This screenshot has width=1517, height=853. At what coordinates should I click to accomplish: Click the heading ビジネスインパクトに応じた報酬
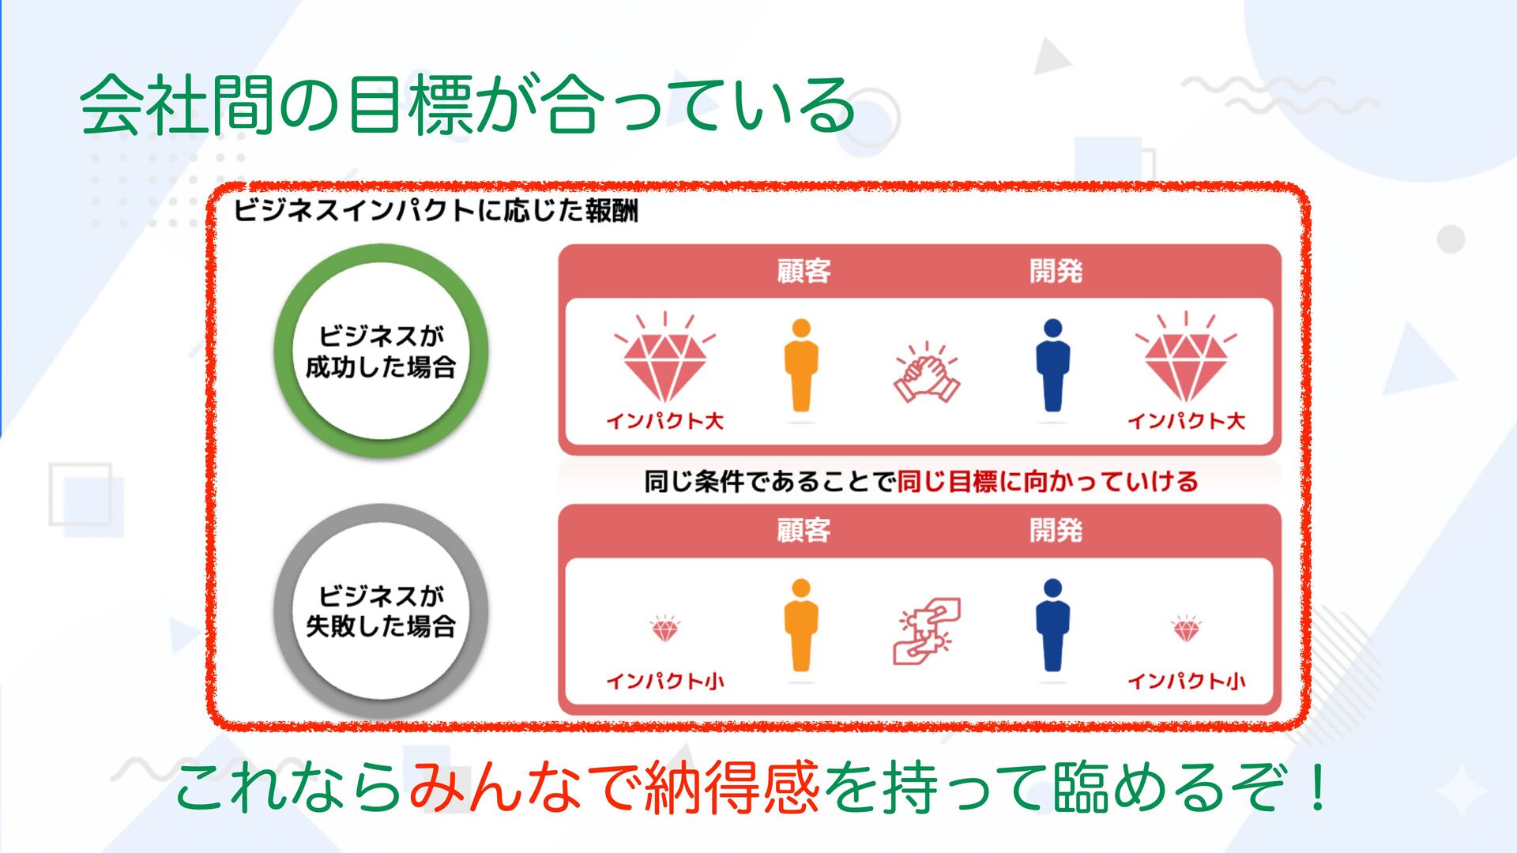[435, 211]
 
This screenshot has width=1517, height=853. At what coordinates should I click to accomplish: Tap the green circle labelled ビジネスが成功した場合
[381, 351]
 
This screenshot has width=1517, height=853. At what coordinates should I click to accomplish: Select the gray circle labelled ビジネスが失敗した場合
[381, 611]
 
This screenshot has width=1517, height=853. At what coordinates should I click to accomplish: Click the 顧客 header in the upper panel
[804, 271]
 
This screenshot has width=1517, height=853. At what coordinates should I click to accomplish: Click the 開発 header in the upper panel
[1056, 271]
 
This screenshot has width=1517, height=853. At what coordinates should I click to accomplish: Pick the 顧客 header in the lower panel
[804, 530]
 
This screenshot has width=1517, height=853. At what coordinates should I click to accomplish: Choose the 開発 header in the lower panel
[1056, 530]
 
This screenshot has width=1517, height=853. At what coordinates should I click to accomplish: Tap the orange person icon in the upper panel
[801, 366]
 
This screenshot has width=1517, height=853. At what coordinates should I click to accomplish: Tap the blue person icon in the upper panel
[1052, 366]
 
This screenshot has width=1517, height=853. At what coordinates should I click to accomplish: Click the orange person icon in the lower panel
[801, 625]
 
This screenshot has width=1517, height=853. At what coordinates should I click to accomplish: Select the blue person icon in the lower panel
[1052, 625]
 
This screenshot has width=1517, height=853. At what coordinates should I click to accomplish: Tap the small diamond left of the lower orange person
[664, 629]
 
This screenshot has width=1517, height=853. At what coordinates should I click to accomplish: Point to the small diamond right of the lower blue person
[1186, 629]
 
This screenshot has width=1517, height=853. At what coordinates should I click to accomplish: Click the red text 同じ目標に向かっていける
[1048, 481]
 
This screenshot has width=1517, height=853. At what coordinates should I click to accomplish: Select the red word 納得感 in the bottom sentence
[732, 787]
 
